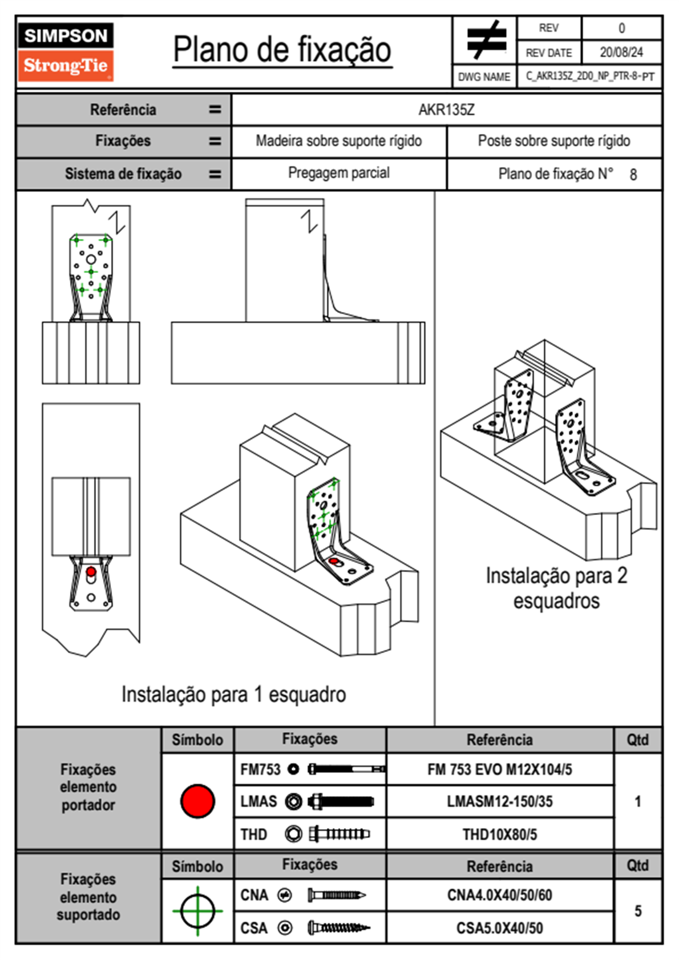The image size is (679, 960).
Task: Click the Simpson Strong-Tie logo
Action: [65, 52]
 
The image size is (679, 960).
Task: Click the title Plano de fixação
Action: [282, 50]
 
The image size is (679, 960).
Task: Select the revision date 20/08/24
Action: [621, 53]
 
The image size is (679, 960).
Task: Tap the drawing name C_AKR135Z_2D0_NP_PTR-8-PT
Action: [589, 76]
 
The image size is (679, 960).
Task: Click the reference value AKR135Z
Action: [446, 110]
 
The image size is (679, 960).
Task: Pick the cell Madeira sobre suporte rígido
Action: [338, 141]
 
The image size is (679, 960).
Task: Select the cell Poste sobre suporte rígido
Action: [553, 141]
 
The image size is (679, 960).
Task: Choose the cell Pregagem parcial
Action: [338, 173]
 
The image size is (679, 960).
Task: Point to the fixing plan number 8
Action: [633, 175]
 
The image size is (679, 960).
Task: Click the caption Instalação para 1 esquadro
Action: [233, 695]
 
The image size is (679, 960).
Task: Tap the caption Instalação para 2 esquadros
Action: [556, 588]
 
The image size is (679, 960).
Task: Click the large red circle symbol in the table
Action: [197, 801]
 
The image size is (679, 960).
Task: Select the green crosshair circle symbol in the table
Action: [197, 910]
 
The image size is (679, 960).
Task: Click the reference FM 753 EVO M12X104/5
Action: [499, 769]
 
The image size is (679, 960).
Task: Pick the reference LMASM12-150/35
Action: [499, 801]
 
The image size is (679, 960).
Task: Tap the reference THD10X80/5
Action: [499, 834]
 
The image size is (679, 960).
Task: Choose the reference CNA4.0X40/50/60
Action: [499, 895]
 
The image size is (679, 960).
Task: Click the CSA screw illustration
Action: [338, 928]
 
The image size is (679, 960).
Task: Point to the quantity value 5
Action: [638, 911]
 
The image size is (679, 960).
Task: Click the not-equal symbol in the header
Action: [486, 40]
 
